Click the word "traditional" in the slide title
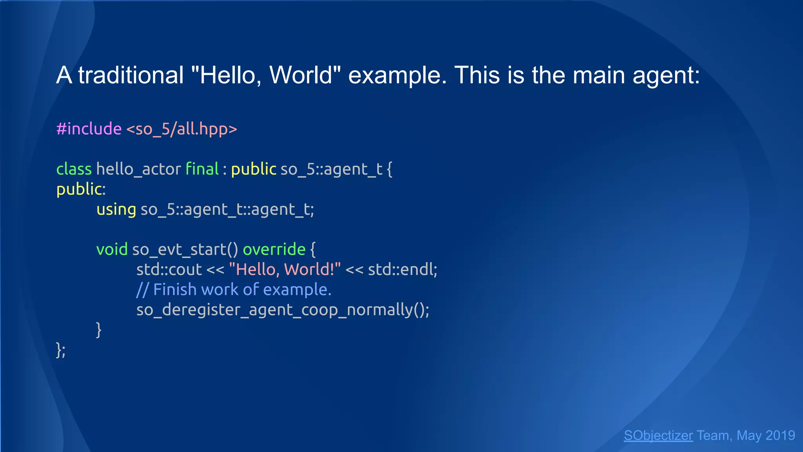pos(131,75)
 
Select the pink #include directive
pos(89,129)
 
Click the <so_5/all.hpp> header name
pos(182,129)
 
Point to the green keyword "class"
pos(74,169)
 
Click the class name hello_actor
pos(138,169)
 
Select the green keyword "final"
pos(202,169)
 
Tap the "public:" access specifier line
pos(81,189)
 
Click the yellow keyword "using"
pos(116,210)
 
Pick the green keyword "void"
pos(112,250)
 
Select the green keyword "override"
pos(274,250)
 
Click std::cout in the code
pos(169,270)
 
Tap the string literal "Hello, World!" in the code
pos(285,270)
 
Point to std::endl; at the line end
pos(403,270)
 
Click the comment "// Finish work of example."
pos(234,290)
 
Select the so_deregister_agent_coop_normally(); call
pos(283,310)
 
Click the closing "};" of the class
pos(61,350)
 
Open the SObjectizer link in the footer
pos(658,436)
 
